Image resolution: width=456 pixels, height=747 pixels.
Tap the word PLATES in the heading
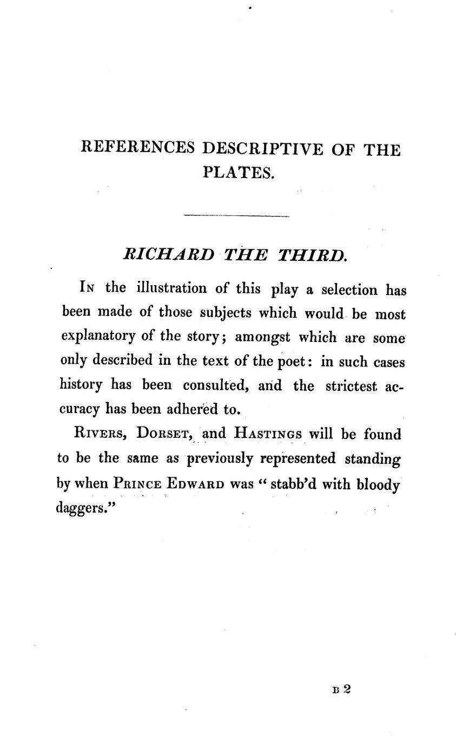pyautogui.click(x=239, y=173)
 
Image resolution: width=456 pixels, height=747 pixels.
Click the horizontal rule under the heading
pyautogui.click(x=236, y=217)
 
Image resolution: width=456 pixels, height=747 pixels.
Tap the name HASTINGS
pyautogui.click(x=268, y=434)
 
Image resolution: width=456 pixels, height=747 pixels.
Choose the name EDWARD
pyautogui.click(x=195, y=483)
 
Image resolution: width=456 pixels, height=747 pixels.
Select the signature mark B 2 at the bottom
pyautogui.click(x=342, y=690)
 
